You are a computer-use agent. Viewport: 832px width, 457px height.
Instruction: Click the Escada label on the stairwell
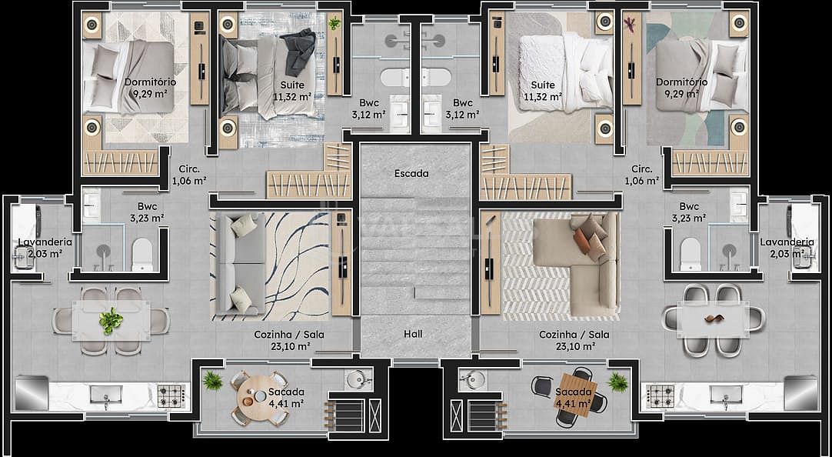click(411, 174)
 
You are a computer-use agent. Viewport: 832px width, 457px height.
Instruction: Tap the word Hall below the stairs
click(413, 334)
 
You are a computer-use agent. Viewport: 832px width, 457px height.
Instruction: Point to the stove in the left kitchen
click(171, 395)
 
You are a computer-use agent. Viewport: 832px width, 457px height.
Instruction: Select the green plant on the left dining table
click(111, 321)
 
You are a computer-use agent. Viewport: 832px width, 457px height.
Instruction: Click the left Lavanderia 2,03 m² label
click(45, 248)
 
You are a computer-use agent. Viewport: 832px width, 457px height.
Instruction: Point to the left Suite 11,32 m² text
click(292, 91)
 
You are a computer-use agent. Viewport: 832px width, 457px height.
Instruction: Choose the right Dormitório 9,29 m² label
click(682, 88)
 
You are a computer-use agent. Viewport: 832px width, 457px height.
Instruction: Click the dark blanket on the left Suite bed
click(301, 51)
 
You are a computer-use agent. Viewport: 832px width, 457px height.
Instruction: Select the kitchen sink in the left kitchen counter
click(106, 395)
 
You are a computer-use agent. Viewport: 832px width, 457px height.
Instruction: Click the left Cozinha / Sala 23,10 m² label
click(289, 341)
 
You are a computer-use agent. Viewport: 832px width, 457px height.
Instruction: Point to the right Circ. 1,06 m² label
click(642, 175)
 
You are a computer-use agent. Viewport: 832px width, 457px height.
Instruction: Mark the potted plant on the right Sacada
click(617, 382)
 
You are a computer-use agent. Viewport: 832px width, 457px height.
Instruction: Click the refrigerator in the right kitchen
click(800, 393)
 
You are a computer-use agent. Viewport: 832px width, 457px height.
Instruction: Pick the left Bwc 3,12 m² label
click(368, 108)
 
